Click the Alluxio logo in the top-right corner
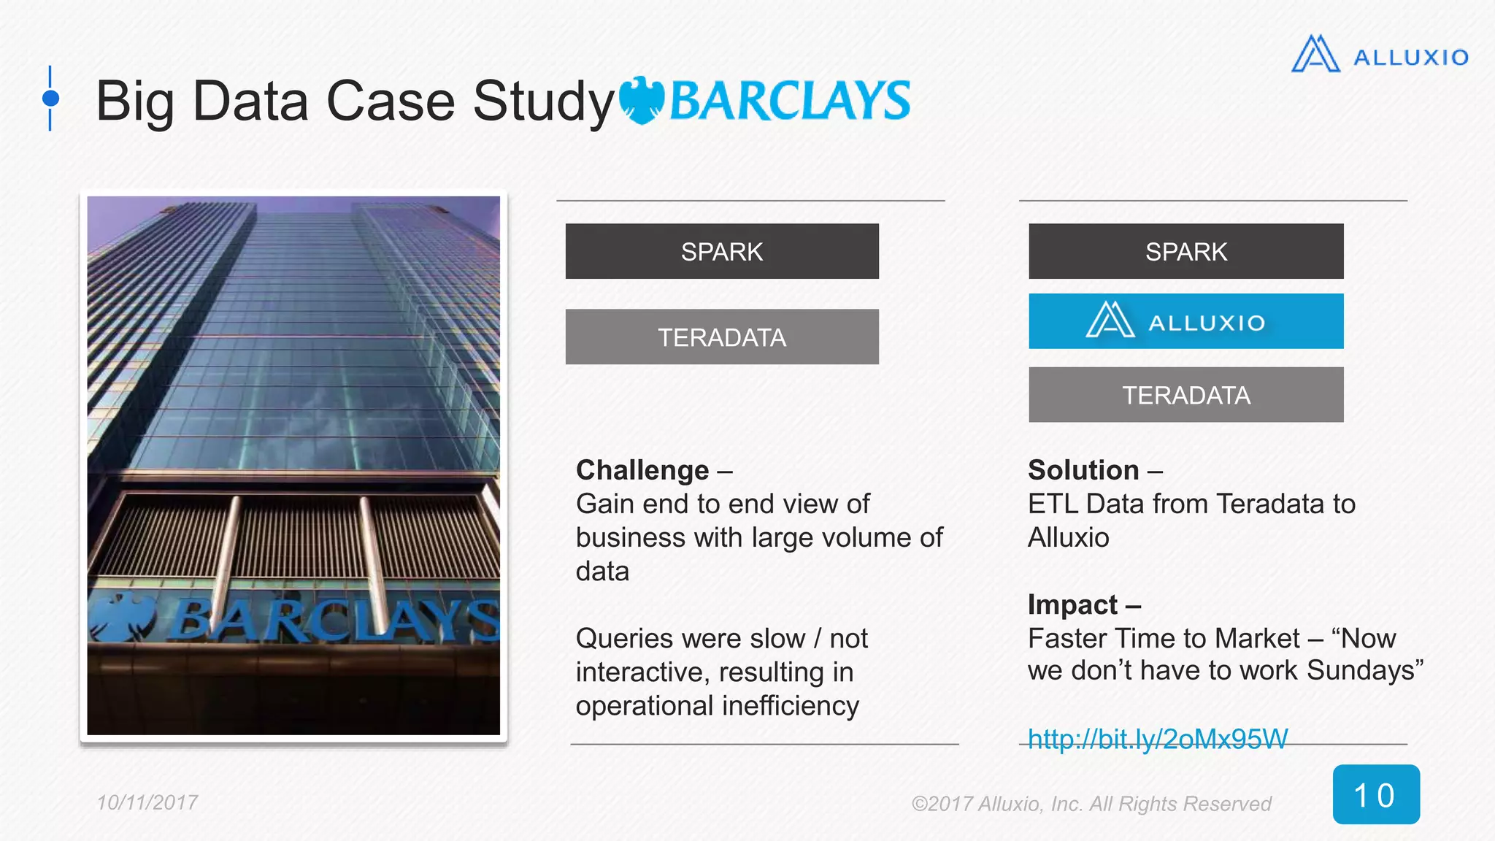click(1379, 55)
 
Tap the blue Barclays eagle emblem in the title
click(642, 101)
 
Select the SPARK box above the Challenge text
click(722, 251)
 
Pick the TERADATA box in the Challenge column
click(722, 337)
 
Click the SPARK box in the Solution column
click(1185, 251)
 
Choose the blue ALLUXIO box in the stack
click(1185, 321)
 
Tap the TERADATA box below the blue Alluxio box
click(1185, 395)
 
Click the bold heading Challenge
click(642, 470)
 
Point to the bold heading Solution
click(1083, 470)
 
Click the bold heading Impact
click(1072, 604)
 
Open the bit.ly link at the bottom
click(1158, 739)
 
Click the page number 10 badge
click(1375, 794)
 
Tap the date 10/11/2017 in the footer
click(147, 802)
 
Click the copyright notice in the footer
click(1091, 804)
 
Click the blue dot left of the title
click(50, 98)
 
